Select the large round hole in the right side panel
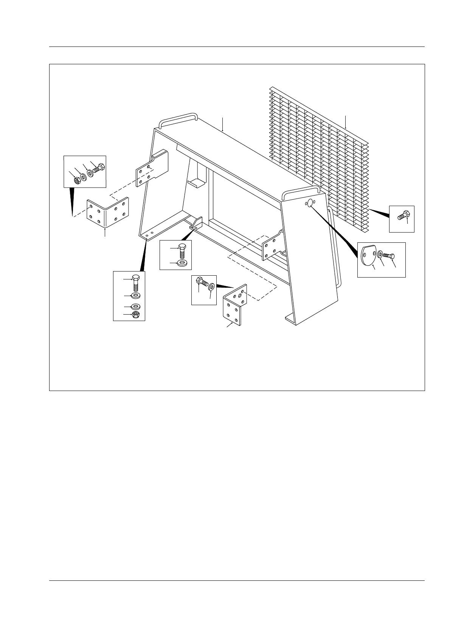[x=310, y=203]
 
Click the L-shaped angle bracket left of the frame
[x=108, y=212]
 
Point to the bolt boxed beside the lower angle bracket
[x=202, y=282]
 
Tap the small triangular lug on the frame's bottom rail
[x=197, y=223]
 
